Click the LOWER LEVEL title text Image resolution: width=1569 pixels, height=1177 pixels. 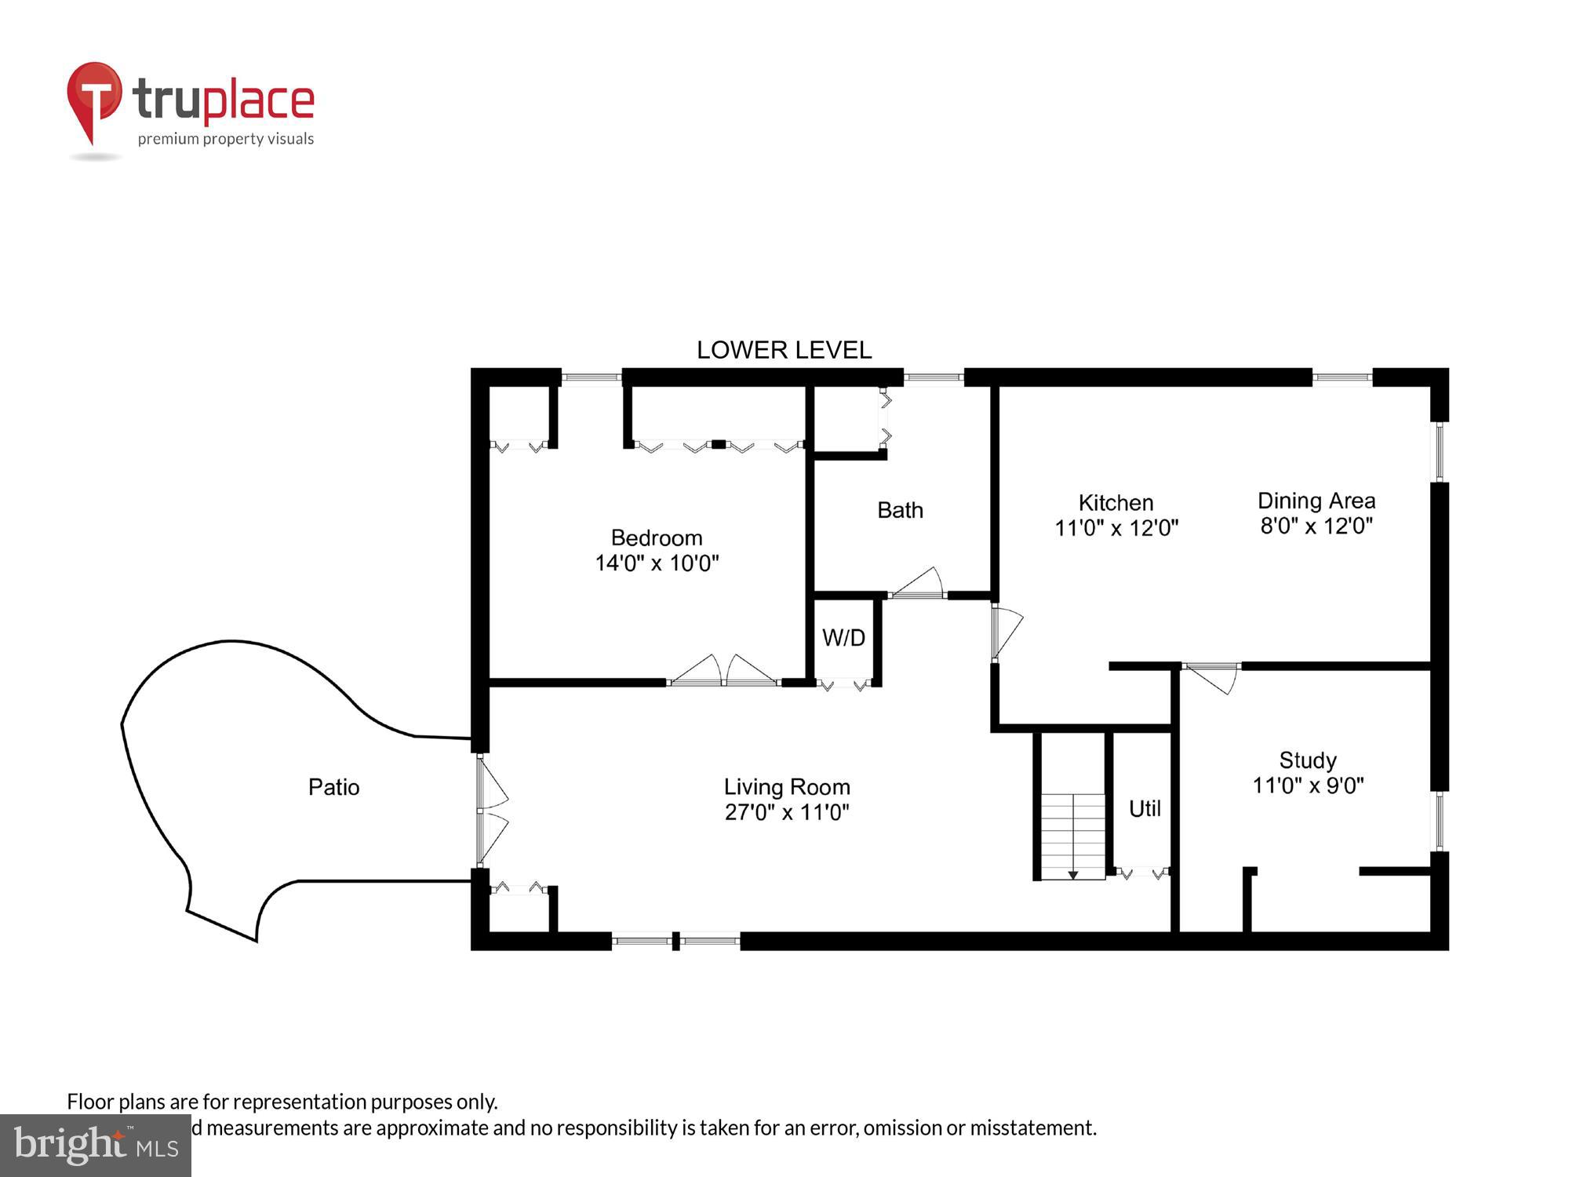(x=784, y=350)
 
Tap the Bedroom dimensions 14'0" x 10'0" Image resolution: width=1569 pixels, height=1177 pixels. (x=657, y=563)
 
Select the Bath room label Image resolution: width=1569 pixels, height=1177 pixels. (x=900, y=510)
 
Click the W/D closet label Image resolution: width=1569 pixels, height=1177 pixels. (x=843, y=638)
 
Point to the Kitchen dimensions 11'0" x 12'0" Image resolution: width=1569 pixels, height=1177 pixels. (x=1116, y=528)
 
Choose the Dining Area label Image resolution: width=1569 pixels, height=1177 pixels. (x=1316, y=501)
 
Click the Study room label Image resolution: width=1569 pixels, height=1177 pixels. (x=1308, y=760)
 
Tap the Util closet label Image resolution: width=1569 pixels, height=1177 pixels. (x=1145, y=808)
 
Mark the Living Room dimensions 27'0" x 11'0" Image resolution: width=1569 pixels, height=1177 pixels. (x=787, y=812)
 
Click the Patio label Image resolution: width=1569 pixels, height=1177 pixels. (x=333, y=787)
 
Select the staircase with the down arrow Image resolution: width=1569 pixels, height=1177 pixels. (x=1072, y=836)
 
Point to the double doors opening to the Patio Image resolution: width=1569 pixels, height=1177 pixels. (x=491, y=811)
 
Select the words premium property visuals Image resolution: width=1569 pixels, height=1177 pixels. (x=226, y=140)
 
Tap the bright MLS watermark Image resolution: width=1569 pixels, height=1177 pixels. (x=96, y=1146)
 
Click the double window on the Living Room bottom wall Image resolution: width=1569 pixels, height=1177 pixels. (x=675, y=940)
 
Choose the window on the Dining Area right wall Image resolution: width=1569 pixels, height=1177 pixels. (x=1440, y=452)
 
